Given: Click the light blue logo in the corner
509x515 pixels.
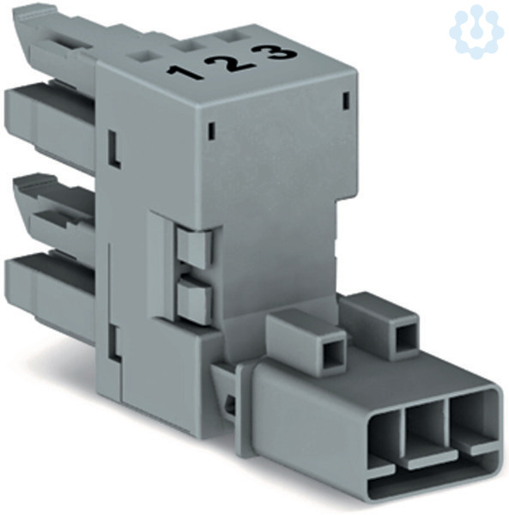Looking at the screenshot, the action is click(476, 32).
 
